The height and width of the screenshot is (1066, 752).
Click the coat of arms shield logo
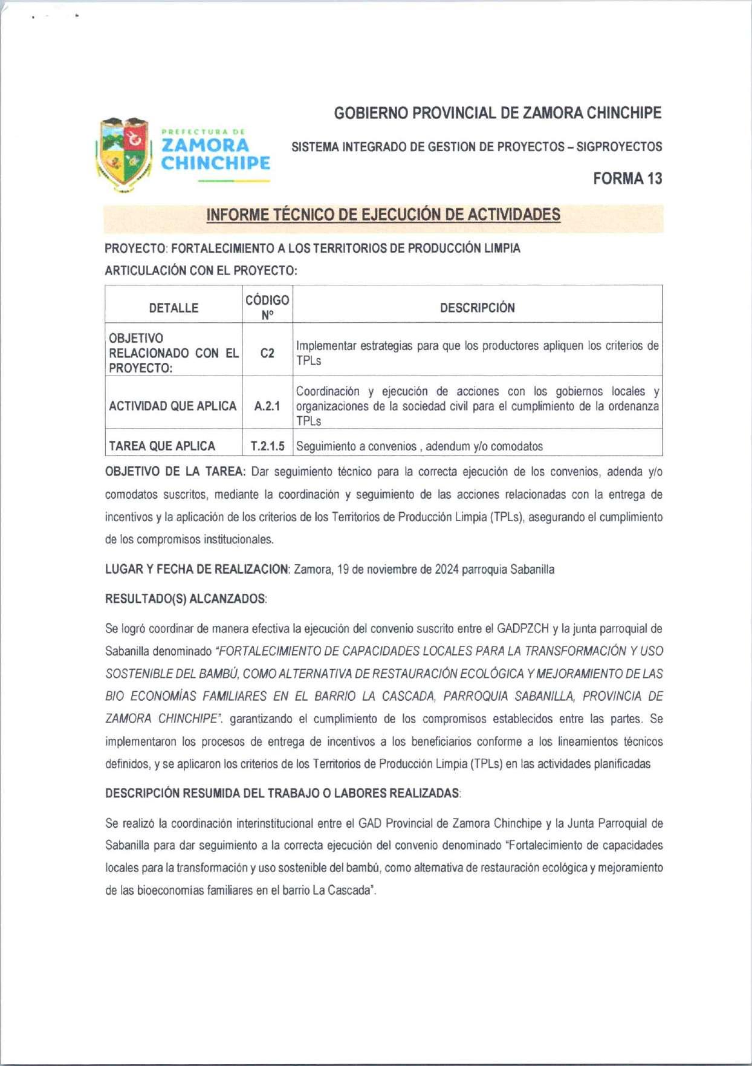point(124,154)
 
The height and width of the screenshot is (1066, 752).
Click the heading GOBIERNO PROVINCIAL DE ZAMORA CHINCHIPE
point(498,113)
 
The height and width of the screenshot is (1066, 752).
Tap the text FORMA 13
point(627,178)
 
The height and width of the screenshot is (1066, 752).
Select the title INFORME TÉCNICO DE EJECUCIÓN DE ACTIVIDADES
point(383,215)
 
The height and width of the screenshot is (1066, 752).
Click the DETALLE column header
point(173,308)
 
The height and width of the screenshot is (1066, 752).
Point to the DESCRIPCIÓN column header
point(477,308)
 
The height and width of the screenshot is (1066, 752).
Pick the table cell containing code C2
point(267,353)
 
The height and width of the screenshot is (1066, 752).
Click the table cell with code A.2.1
point(267,406)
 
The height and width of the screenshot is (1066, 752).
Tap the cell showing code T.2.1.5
point(267,446)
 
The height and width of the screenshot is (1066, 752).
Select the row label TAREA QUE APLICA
point(162,446)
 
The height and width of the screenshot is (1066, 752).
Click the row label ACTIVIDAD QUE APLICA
point(172,406)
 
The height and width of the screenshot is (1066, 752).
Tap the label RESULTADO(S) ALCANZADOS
point(186,599)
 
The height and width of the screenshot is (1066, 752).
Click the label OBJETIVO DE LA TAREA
point(175,472)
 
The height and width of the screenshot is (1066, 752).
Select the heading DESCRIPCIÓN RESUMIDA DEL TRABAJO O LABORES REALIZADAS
point(282,793)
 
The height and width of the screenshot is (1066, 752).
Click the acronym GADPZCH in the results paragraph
point(523,629)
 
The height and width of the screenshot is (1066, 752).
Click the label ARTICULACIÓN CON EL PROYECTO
point(201,271)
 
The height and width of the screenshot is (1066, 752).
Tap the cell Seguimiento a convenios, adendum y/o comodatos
point(419,446)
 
